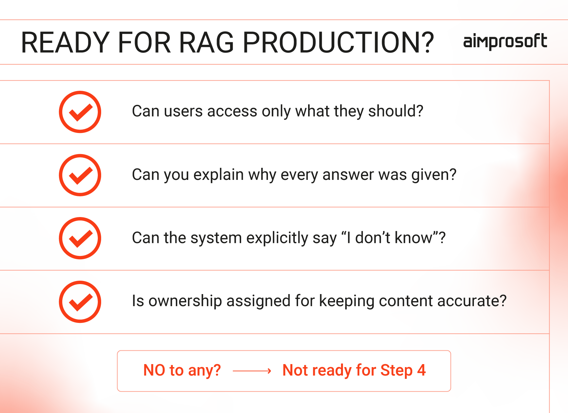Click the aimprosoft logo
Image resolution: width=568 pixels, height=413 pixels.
[x=505, y=42]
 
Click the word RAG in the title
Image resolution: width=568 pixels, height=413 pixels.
[x=206, y=42]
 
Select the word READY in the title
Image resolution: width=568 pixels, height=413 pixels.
[x=66, y=42]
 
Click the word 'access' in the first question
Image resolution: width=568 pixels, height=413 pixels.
[x=232, y=112]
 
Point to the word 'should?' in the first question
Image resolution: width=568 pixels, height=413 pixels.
[x=396, y=111]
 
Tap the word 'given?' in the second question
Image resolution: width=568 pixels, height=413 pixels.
[x=434, y=175]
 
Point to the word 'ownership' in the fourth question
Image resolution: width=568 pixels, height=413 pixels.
[x=185, y=302]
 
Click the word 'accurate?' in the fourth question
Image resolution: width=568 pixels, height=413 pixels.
[x=472, y=301]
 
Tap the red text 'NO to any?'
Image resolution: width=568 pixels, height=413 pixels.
[x=182, y=370]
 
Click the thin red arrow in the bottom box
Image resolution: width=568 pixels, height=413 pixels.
[x=252, y=371]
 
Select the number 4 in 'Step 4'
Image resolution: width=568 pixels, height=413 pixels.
[x=421, y=370]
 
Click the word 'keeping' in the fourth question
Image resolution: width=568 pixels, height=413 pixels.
[x=347, y=302]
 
